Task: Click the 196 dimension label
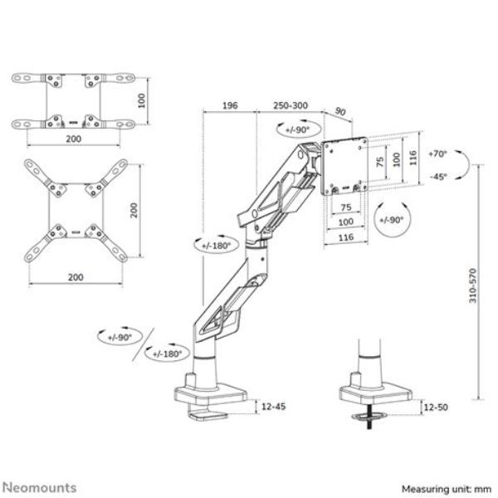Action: coord(230,105)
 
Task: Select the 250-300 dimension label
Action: coord(290,105)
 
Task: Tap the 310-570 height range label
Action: coord(472,286)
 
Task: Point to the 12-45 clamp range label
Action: coord(273,407)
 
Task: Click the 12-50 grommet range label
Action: coord(436,408)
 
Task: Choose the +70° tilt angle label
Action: coord(437,154)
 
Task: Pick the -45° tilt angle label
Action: coord(438,177)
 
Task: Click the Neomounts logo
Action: coord(40,487)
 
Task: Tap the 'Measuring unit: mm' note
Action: coord(447,489)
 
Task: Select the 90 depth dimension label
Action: coord(340,111)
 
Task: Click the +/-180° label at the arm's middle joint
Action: coord(217,246)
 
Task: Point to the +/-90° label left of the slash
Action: coord(120,337)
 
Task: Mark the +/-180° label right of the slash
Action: coord(168,354)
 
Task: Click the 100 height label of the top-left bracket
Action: coord(142,100)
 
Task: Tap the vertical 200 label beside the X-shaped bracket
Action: coord(134,210)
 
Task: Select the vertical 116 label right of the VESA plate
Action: coord(413,158)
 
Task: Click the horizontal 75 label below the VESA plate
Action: coord(346,207)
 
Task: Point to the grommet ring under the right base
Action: coord(369,416)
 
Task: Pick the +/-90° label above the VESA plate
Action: coord(297,130)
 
